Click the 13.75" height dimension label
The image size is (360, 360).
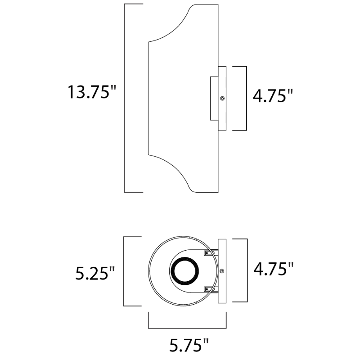92,92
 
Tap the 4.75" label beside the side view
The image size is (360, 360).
273,95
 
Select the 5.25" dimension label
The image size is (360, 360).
95,273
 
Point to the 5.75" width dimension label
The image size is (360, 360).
189,345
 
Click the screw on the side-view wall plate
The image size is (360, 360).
222,98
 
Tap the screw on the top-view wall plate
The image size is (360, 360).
222,271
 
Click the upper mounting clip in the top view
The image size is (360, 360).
209,253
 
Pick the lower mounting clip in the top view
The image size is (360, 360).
209,289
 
